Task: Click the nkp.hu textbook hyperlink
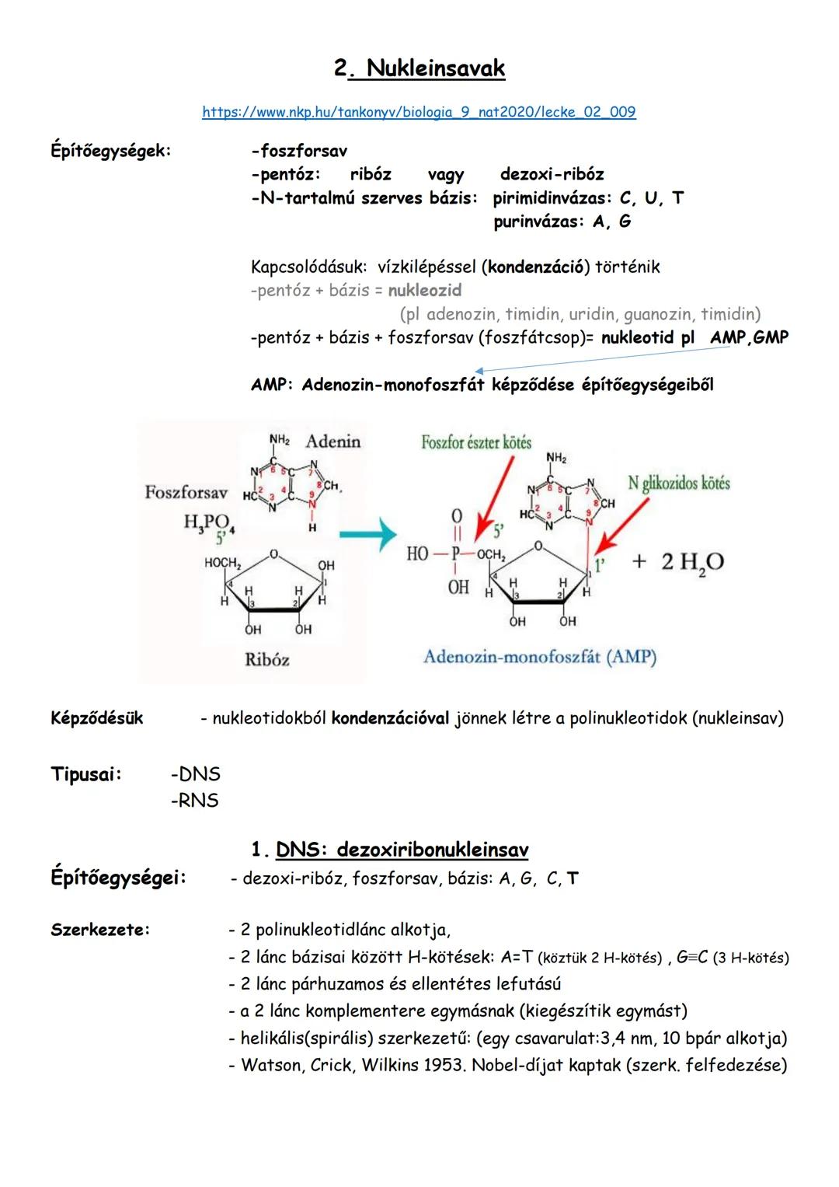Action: (419, 112)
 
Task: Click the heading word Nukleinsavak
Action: (436, 68)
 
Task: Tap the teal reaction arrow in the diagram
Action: (368, 537)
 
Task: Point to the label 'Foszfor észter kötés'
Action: (476, 442)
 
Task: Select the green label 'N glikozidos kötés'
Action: (679, 483)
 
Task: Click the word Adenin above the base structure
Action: (333, 442)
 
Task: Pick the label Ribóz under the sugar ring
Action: (267, 660)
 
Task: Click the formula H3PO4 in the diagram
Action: (208, 523)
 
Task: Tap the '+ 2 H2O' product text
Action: (677, 562)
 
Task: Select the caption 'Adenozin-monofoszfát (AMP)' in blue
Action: (540, 657)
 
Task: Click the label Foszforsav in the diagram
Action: (186, 492)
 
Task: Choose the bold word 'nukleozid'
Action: (425, 291)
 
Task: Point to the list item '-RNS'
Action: (195, 801)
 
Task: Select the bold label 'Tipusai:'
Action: (87, 774)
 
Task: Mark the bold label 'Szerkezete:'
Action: (100, 930)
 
